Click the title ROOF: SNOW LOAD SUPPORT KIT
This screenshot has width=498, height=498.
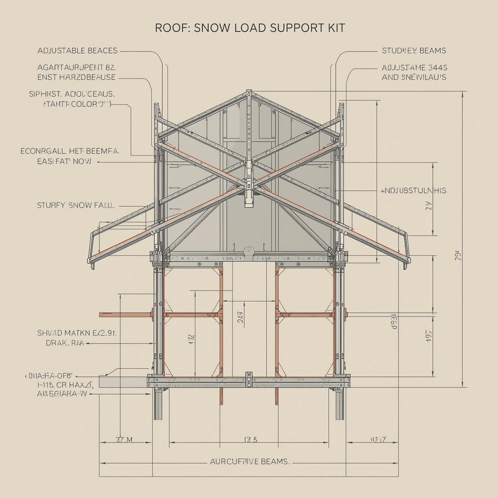tap(249, 28)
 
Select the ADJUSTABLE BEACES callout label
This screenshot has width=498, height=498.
tap(77, 51)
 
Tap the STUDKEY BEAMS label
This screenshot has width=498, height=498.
tap(414, 51)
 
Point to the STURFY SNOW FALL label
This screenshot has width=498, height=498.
tap(76, 205)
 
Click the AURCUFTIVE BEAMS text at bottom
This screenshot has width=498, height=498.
tap(249, 462)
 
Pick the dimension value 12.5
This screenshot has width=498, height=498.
tap(249, 440)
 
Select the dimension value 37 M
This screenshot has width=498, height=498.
tap(124, 440)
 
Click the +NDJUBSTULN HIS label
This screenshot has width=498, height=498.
tap(413, 191)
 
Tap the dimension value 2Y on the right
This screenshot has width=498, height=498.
tap(428, 206)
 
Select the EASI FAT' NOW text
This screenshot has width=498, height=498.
tap(63, 161)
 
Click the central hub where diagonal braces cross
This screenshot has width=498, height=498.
tap(249, 184)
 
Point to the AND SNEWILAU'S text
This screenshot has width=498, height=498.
tap(414, 77)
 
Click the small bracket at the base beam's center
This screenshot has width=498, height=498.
tap(249, 380)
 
